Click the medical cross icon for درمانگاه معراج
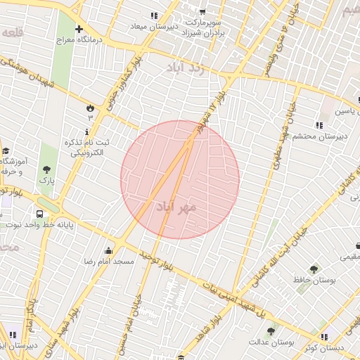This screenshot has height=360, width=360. click(79, 30)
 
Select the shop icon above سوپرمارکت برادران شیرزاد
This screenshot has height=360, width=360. click(202, 12)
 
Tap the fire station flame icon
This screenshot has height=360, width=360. click(90, 107)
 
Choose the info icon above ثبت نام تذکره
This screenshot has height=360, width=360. click(87, 131)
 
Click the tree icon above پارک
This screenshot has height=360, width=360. click(46, 169)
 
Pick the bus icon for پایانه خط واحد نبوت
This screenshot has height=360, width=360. click(39, 213)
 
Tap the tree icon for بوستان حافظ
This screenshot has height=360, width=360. click(314, 269)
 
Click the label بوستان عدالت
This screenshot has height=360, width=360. click(271, 342)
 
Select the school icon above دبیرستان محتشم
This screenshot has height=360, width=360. click(319, 126)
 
